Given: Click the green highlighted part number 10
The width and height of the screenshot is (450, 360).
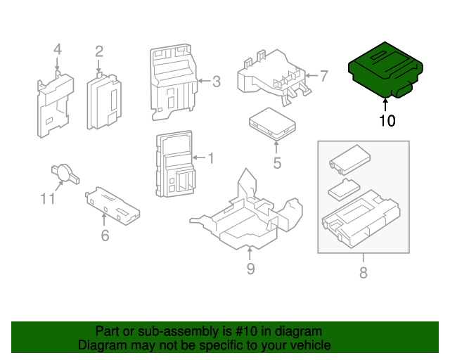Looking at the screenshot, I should pos(385,72).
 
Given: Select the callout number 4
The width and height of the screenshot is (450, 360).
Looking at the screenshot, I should pos(57,49).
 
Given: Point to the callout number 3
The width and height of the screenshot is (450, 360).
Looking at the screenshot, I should pos(216,82).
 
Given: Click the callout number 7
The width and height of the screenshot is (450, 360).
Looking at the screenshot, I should pos(323,76).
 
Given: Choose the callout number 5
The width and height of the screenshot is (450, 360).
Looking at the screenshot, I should pos(277,164).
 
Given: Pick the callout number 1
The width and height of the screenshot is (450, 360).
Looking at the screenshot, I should pos(210,158).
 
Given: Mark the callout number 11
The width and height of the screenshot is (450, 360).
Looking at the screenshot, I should pos(47,199).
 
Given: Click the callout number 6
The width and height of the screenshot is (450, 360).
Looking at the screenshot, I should pos(105,236).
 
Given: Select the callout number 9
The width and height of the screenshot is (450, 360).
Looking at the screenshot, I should pos(250,268).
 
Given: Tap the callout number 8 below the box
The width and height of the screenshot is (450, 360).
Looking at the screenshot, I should pos(363,274).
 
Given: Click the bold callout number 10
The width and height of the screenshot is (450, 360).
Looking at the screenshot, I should pos(387,121).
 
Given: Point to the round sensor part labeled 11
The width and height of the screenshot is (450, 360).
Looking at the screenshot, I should pos(63,171).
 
